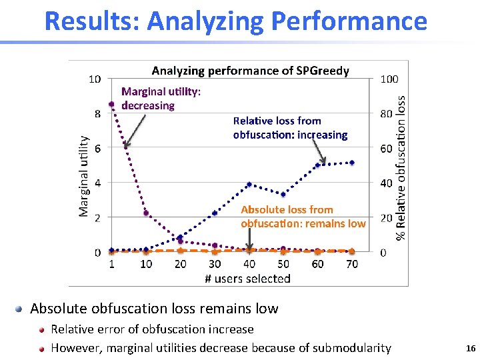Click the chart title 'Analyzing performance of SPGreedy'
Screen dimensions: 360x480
click(250, 71)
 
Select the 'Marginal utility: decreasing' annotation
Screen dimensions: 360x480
click(161, 99)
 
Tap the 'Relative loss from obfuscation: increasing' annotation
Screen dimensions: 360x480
click(290, 128)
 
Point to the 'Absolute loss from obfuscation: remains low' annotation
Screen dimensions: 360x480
click(303, 217)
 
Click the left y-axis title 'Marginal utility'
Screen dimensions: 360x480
click(83, 176)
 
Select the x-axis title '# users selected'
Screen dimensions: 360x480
click(247, 278)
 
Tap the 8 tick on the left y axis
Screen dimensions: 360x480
click(97, 113)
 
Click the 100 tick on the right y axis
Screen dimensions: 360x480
click(389, 79)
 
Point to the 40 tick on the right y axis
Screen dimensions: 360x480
click(386, 183)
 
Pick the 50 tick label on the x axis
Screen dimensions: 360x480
click(283, 264)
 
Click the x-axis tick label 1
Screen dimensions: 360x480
click(111, 264)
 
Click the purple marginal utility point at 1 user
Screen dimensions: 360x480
click(111, 104)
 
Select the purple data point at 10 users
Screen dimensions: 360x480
click(146, 213)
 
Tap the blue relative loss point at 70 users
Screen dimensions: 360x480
click(352, 163)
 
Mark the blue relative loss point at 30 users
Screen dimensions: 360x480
click(215, 213)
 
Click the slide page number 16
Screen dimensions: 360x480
click(471, 348)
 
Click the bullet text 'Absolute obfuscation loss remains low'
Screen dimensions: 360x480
click(154, 309)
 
